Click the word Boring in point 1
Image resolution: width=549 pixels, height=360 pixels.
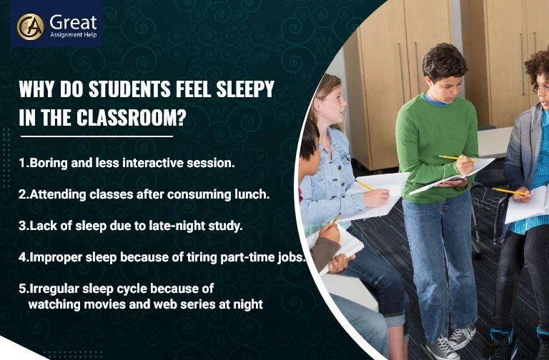click(49, 163)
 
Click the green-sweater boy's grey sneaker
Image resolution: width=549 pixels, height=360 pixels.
click(461, 335)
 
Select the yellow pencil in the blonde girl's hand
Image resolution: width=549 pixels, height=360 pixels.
click(365, 184)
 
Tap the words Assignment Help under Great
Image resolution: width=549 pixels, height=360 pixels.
click(72, 34)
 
